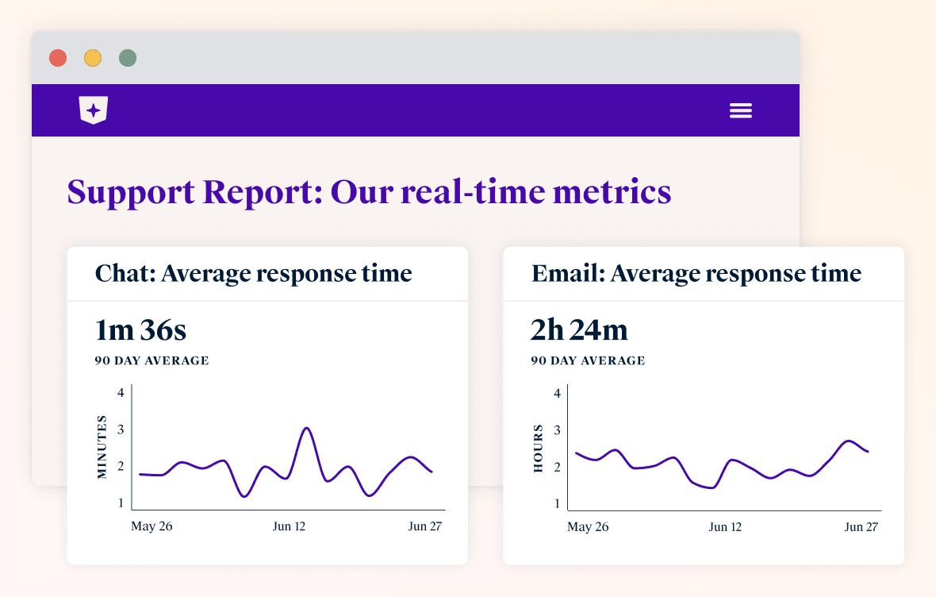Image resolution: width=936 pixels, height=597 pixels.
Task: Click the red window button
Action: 57,58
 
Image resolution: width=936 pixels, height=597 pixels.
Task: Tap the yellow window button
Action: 93,58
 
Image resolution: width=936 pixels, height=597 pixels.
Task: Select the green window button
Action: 128,58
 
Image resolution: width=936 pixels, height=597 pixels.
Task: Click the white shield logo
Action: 94,110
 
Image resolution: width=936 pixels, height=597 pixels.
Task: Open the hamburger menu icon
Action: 741,110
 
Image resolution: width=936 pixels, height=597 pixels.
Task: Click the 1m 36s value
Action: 140,330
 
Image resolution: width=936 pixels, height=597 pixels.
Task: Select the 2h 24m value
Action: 579,330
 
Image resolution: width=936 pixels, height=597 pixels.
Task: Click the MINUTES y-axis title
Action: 102,446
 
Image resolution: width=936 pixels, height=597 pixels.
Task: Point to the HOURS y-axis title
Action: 538,449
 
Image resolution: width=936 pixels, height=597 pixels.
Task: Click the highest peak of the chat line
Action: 307,429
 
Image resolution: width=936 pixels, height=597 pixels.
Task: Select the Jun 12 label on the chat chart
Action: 289,526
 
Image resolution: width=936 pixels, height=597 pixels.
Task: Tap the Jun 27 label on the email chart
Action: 861,527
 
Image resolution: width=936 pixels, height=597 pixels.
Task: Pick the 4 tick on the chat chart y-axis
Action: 121,393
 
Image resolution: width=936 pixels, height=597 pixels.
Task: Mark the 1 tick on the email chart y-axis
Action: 557,503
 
